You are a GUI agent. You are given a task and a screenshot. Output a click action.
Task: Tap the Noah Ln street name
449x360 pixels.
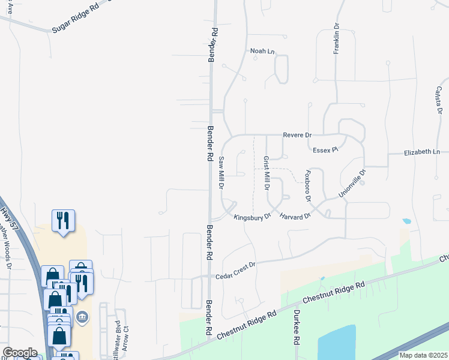click(262, 52)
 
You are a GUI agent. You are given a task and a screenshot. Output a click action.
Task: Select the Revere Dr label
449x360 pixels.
click(298, 136)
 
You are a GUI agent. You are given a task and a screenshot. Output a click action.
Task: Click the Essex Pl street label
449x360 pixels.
click(326, 149)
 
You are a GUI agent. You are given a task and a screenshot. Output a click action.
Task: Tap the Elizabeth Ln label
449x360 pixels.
click(421, 152)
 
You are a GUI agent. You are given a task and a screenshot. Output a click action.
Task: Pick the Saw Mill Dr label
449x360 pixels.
click(221, 175)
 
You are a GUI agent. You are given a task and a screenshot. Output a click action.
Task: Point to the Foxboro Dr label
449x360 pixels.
click(307, 185)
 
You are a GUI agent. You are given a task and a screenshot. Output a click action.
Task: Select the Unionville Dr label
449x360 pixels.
click(352, 183)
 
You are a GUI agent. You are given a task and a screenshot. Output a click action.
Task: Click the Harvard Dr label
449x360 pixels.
click(295, 215)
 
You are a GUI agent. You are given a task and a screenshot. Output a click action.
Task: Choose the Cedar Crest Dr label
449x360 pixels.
click(236, 269)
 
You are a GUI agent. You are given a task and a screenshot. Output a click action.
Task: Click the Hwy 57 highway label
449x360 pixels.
click(8, 220)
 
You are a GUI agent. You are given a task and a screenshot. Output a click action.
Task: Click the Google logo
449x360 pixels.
click(19, 352)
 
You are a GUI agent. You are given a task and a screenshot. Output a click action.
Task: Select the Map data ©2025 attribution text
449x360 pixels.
click(423, 355)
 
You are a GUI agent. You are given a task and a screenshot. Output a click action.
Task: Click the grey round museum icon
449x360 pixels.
click(83, 317)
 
